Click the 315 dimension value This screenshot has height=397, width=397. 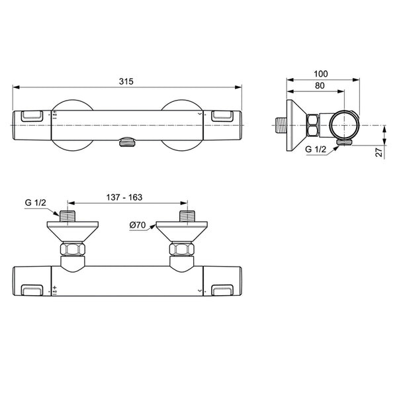coord(126,81)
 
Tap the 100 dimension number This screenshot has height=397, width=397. coord(320,74)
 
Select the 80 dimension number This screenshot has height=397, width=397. coord(320,86)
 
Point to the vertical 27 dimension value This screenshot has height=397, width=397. coord(378,152)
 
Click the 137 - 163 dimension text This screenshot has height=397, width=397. coord(124,197)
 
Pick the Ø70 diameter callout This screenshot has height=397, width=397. coord(138,225)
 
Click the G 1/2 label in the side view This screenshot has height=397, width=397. coord(316,149)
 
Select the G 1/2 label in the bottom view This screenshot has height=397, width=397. coord(36,202)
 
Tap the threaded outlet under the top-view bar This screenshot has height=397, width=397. coord(127,142)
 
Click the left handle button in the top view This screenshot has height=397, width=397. coord(32,116)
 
